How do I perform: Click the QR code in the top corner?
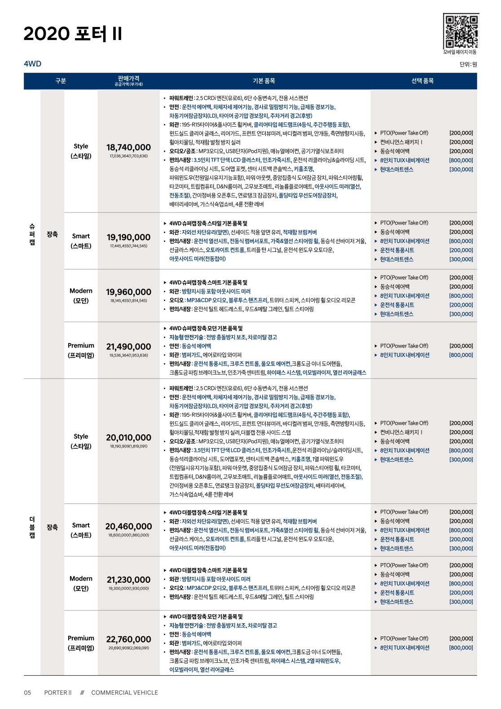pyautogui.click(x=461, y=31)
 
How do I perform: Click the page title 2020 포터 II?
pyautogui.click(x=73, y=34)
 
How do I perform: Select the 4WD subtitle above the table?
pyautogui.click(x=32, y=64)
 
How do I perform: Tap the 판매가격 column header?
pyautogui.click(x=128, y=80)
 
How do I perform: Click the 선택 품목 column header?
pyautogui.click(x=422, y=81)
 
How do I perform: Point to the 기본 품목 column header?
pyautogui.click(x=264, y=81)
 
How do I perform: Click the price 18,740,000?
pyautogui.click(x=128, y=147)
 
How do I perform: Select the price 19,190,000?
pyautogui.click(x=128, y=237)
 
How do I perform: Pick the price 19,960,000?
pyautogui.click(x=128, y=292)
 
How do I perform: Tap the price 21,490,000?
pyautogui.click(x=128, y=347)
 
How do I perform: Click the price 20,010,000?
pyautogui.click(x=128, y=437)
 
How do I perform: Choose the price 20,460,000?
pyautogui.click(x=128, y=526)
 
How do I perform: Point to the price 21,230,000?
pyautogui.click(x=128, y=580)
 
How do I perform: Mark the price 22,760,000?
pyautogui.click(x=128, y=639)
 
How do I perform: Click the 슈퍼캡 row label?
pyautogui.click(x=32, y=234)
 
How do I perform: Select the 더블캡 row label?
pyautogui.click(x=32, y=527)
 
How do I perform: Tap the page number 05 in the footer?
pyautogui.click(x=27, y=692)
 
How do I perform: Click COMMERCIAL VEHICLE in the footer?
pyautogui.click(x=124, y=692)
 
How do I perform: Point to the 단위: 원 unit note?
pyautogui.click(x=468, y=64)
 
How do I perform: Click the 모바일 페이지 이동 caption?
pyautogui.click(x=460, y=52)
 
